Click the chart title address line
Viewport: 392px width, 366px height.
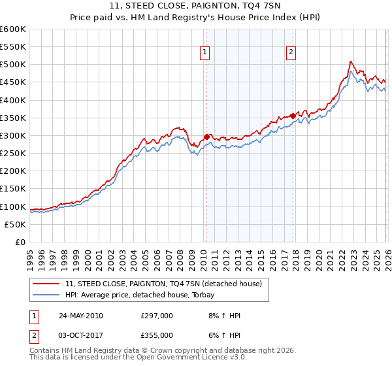tap(196, 6)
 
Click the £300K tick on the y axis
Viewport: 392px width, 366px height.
tap(13, 135)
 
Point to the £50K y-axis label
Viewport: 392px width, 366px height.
tap(15, 224)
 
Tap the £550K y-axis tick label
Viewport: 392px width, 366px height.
tap(13, 47)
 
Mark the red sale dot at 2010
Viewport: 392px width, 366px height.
tap(206, 137)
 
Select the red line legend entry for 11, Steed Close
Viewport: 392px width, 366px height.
tap(163, 284)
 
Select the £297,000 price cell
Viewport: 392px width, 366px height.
tap(156, 316)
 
